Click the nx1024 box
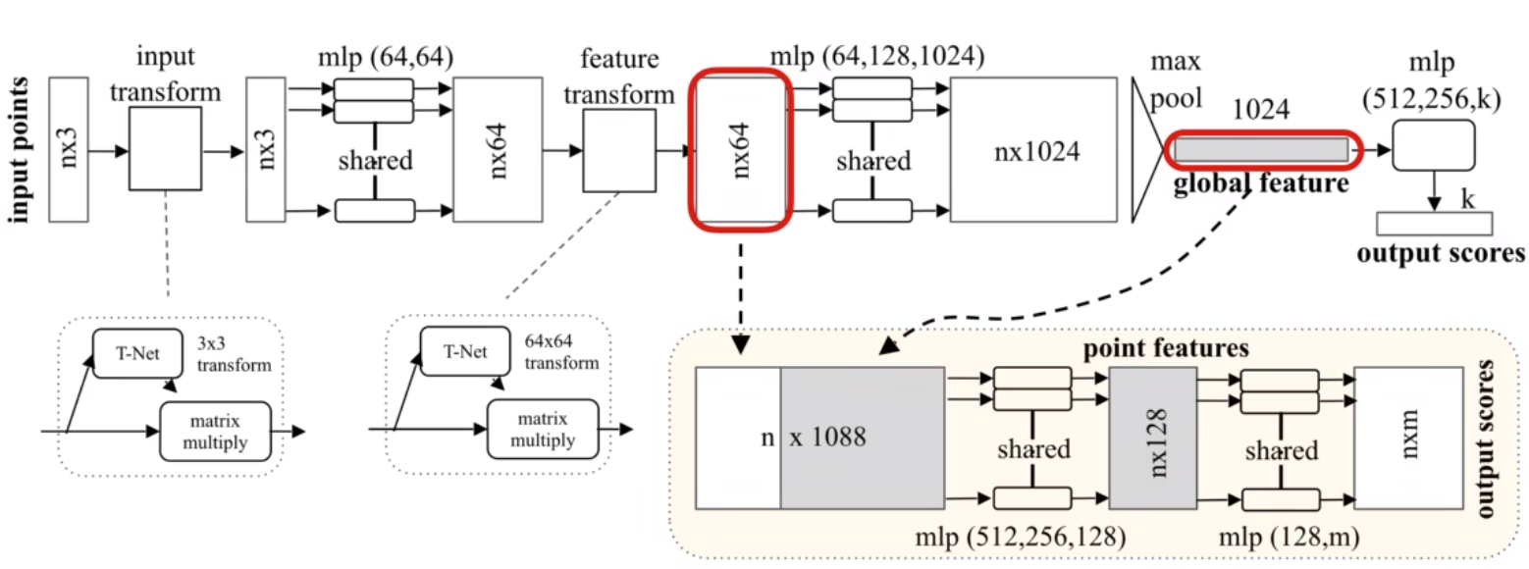(1033, 149)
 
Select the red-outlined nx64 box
(741, 149)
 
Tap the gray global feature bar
(1261, 150)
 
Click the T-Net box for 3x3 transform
(137, 353)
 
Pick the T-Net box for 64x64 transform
(465, 351)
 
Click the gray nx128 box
(1153, 438)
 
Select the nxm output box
(1409, 438)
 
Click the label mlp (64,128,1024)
(877, 57)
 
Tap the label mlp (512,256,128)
(1021, 538)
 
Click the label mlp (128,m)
(1290, 538)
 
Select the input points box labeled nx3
(69, 149)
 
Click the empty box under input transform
(165, 148)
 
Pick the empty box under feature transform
(619, 150)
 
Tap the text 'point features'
(1166, 348)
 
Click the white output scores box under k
(1434, 224)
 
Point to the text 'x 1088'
(827, 437)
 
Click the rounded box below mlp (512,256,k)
(1434, 145)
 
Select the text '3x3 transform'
(235, 354)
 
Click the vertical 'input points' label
(19, 150)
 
